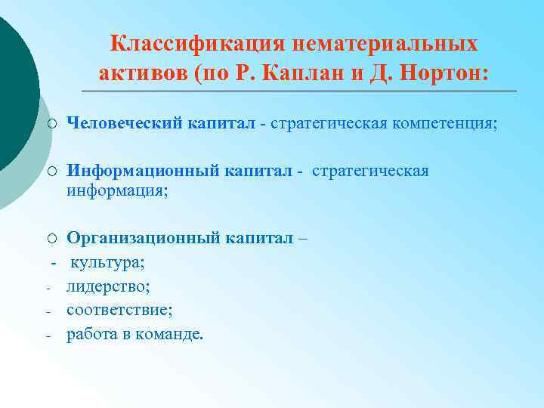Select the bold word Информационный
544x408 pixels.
132,172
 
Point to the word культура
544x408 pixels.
107,263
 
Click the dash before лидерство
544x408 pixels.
48,289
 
